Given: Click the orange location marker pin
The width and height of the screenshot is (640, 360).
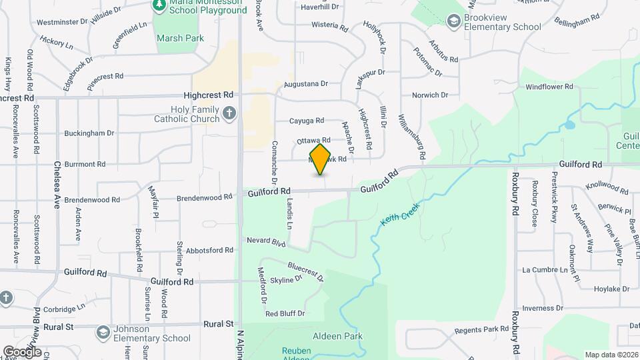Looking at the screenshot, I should tap(321, 159).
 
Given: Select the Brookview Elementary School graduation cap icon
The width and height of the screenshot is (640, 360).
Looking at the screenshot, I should tap(454, 21).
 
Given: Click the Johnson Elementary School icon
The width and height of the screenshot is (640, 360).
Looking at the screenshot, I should tap(103, 331).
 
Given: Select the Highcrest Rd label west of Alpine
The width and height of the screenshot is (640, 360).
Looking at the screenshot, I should tap(209, 95).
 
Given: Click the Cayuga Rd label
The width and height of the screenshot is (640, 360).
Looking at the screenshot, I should tap(306, 121).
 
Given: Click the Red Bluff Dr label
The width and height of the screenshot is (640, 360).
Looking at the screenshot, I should tap(285, 313).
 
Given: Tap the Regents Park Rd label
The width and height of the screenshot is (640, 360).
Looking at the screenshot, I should tap(481, 330).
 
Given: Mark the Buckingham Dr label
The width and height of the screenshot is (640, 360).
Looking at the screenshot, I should tap(90, 133).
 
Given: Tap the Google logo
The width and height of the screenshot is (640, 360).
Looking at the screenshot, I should tap(21, 351).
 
